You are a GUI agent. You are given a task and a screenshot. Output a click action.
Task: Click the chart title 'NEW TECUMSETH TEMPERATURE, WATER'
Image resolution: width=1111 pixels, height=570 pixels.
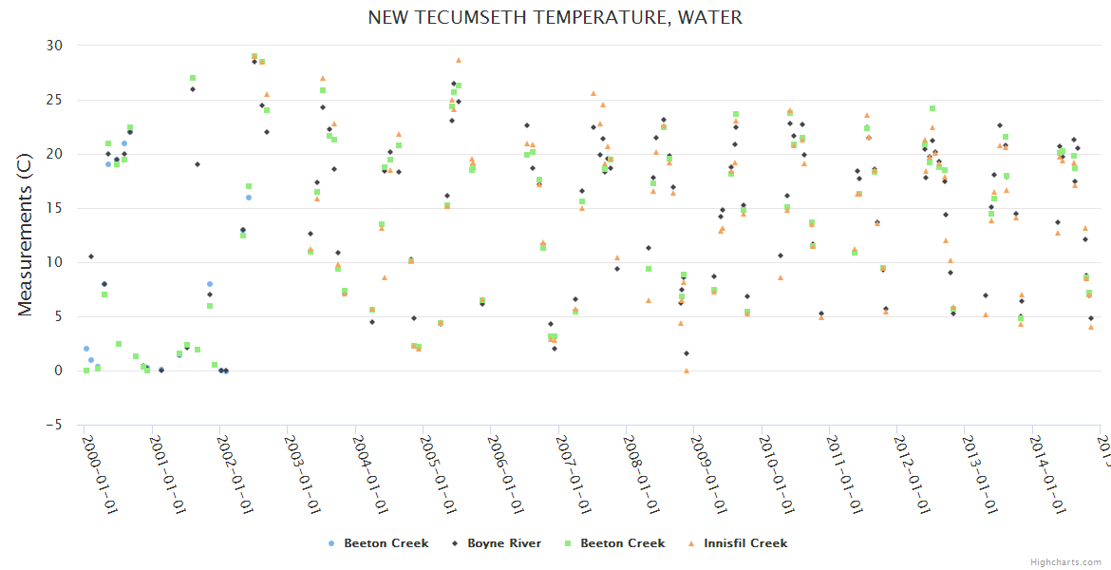pos(555,17)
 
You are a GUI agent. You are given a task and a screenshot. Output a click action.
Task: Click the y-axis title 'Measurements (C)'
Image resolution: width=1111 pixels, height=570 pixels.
pos(26,236)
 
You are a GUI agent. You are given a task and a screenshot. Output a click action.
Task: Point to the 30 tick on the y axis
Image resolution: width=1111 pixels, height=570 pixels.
pos(54,46)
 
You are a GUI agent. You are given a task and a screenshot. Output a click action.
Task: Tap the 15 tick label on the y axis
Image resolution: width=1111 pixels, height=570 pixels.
pos(54,208)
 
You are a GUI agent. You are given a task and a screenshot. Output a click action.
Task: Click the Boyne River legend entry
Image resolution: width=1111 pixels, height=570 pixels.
pos(498,543)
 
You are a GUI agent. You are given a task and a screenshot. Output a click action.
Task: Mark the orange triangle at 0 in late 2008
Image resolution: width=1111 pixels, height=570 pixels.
pos(687,370)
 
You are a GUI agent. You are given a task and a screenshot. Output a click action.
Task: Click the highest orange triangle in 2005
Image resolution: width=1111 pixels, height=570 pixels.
pos(459,60)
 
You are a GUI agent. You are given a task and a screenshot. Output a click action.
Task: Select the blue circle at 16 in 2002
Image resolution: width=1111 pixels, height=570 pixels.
pos(249,198)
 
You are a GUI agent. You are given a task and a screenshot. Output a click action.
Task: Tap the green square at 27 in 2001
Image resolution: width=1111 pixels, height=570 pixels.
pos(193,78)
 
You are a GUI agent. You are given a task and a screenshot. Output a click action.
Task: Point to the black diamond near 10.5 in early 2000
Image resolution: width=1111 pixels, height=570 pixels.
pos(91,256)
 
